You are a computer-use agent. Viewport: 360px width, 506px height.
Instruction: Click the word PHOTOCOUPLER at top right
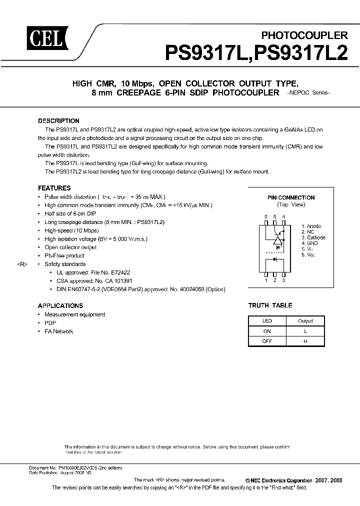point(304,35)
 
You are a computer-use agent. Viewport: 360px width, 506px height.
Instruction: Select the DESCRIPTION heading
point(58,121)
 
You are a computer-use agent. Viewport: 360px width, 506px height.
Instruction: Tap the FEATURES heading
point(54,188)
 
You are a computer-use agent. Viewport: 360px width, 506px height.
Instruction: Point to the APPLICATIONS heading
point(60,305)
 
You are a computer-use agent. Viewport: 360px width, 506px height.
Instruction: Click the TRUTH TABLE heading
point(270,305)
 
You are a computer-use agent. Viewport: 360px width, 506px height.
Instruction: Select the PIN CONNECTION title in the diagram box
point(290,197)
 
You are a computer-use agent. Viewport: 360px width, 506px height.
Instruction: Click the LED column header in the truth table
point(267,321)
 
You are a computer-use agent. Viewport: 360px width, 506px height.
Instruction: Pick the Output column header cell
point(305,321)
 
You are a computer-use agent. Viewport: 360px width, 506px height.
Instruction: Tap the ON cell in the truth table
point(267,331)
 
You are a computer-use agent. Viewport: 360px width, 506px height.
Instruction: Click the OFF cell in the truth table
point(267,341)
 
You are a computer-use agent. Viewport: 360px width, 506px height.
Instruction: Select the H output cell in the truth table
point(305,341)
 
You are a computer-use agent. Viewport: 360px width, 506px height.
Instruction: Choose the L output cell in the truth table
point(305,331)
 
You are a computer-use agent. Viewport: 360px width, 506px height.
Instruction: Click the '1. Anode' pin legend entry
point(311,226)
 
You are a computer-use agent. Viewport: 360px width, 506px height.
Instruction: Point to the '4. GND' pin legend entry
point(310,243)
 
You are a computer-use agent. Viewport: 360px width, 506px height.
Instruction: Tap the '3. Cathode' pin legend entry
point(313,237)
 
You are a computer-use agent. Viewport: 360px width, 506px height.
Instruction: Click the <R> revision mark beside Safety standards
point(23,264)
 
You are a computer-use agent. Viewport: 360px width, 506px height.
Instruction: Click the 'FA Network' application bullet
point(58,331)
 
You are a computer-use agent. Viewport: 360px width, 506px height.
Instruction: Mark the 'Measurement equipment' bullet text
point(74,314)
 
